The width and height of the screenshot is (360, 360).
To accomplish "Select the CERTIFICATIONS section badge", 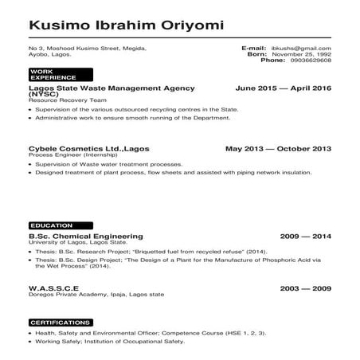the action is pos(58,322).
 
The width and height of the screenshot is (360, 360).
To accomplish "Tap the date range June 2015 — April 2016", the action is pos(284,88).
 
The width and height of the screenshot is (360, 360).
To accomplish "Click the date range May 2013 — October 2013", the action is pos(278,148).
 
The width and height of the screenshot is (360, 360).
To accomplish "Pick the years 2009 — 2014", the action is pos(305,237).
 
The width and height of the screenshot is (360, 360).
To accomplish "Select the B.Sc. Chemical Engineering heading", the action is pos(85,237).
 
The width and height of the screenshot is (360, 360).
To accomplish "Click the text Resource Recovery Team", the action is pos(61,100).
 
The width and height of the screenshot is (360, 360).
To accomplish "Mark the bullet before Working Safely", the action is pos(30,341).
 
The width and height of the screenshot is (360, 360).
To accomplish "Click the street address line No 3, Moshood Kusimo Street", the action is pos(87,49).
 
